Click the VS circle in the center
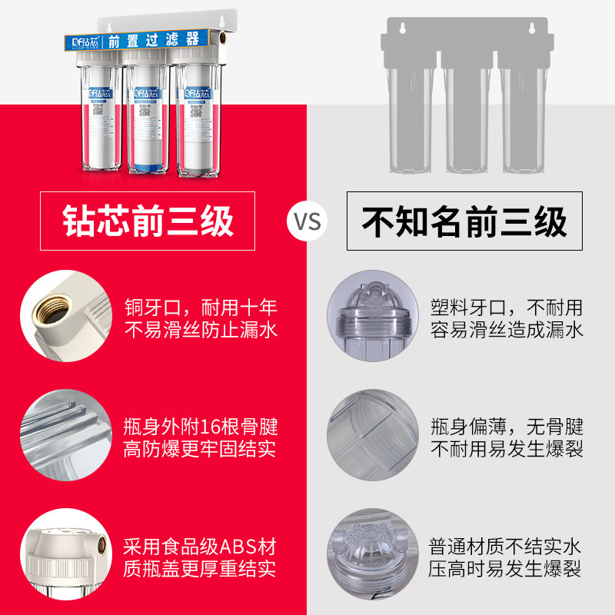click(x=307, y=221)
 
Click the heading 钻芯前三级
click(x=148, y=221)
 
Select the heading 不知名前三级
click(x=465, y=221)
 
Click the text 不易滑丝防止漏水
click(x=200, y=331)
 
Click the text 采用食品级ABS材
click(x=200, y=547)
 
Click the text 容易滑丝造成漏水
click(x=507, y=331)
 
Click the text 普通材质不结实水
click(x=507, y=547)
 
